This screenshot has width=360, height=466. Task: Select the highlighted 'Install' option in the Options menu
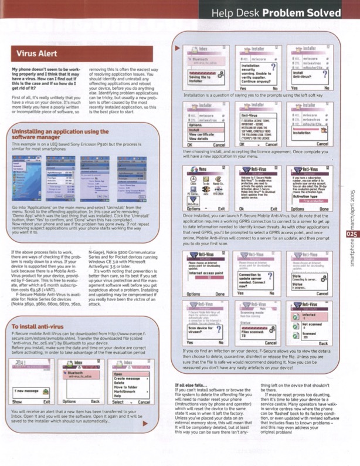[x=203, y=130]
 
